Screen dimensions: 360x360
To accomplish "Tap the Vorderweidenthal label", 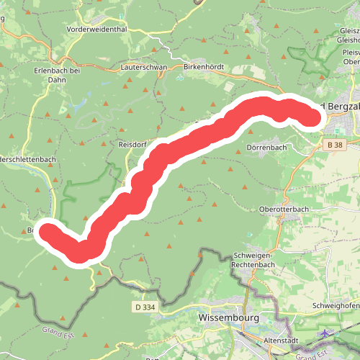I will pyautogui.click(x=96, y=30).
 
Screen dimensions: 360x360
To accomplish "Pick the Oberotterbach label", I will pyautogui.click(x=284, y=210).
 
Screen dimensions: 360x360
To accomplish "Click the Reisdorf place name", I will pyautogui.click(x=132, y=145).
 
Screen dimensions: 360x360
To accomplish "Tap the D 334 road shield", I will pyautogui.click(x=144, y=307).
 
